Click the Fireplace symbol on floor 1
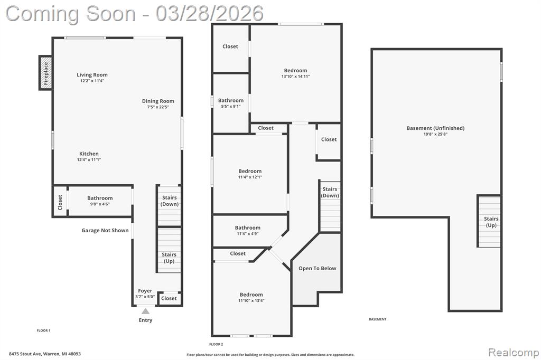pyautogui.click(x=46, y=73)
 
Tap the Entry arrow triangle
pyautogui.click(x=146, y=311)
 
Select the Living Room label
pyautogui.click(x=92, y=74)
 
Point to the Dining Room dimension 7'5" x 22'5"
pyautogui.click(x=158, y=107)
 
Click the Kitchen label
pyautogui.click(x=89, y=154)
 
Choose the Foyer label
pyautogui.click(x=145, y=291)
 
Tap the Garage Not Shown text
pyautogui.click(x=105, y=230)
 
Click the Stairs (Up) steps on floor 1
pyautogui.click(x=169, y=250)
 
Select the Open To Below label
pyautogui.click(x=318, y=268)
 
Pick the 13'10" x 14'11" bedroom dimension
pyautogui.click(x=296, y=77)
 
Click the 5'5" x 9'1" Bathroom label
pyautogui.click(x=231, y=100)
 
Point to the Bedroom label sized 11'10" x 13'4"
pyautogui.click(x=251, y=295)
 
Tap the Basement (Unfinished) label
pyautogui.click(x=435, y=128)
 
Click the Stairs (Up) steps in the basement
pyautogui.click(x=489, y=221)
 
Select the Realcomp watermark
pyautogui.click(x=514, y=353)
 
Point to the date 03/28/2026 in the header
pyautogui.click(x=209, y=14)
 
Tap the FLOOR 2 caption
pyautogui.click(x=216, y=344)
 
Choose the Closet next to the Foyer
pyautogui.click(x=169, y=298)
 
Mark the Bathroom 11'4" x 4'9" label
pyautogui.click(x=248, y=228)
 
